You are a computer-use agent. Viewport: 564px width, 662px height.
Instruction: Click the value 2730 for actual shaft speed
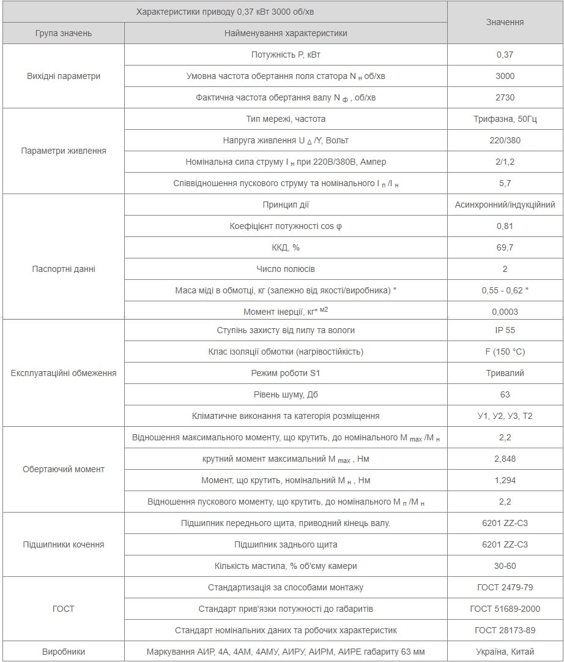pyautogui.click(x=505, y=97)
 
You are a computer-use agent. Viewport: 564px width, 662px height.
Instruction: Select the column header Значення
pyautogui.click(x=505, y=22)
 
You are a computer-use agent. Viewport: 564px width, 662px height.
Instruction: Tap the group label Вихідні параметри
pyautogui.click(x=64, y=76)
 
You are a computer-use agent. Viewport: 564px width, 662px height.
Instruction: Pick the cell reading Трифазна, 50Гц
pyautogui.click(x=505, y=119)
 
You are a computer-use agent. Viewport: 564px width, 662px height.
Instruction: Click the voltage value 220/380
pyautogui.click(x=505, y=140)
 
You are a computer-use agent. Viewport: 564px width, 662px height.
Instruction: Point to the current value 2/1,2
pyautogui.click(x=505, y=162)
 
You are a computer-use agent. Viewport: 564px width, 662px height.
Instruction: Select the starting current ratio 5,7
pyautogui.click(x=505, y=183)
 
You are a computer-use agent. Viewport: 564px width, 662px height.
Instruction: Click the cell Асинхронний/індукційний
pyautogui.click(x=505, y=205)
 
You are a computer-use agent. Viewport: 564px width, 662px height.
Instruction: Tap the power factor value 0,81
pyautogui.click(x=505, y=226)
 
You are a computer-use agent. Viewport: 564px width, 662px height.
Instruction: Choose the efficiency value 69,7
pyautogui.click(x=505, y=247)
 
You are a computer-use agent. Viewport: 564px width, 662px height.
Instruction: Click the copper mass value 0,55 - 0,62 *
pyautogui.click(x=505, y=290)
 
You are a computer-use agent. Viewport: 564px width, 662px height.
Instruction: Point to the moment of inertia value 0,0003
pyautogui.click(x=505, y=312)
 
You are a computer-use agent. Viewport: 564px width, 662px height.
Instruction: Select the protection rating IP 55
pyautogui.click(x=505, y=330)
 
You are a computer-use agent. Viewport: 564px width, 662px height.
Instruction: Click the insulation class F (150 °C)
pyautogui.click(x=505, y=352)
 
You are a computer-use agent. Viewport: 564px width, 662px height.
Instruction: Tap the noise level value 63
pyautogui.click(x=505, y=394)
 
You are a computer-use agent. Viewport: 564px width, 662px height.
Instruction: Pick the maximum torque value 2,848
pyautogui.click(x=505, y=459)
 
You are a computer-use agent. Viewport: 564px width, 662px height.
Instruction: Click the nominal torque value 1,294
pyautogui.click(x=505, y=480)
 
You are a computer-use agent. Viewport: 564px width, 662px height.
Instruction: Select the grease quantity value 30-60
pyautogui.click(x=505, y=566)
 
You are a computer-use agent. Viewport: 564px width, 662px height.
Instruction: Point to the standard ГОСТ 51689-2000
pyautogui.click(x=505, y=609)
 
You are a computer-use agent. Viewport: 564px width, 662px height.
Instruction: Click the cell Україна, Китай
pyautogui.click(x=505, y=652)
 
